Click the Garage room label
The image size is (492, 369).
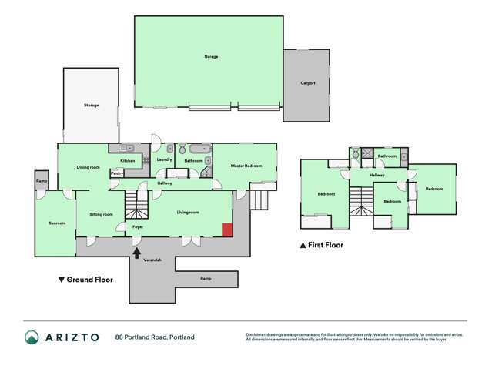(x=210, y=56)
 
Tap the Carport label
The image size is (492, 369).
(x=308, y=83)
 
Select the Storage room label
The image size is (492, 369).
(x=92, y=105)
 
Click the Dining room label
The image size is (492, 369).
(x=89, y=167)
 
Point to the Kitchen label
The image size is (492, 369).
(x=128, y=160)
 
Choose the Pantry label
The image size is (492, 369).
(x=117, y=173)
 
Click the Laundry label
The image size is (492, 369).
(x=164, y=159)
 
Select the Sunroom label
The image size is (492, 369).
(x=57, y=223)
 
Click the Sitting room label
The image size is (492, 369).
(x=102, y=214)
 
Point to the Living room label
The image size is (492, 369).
(x=188, y=212)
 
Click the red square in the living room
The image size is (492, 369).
(x=227, y=230)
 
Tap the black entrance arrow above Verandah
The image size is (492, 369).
(x=137, y=252)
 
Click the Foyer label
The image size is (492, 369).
(x=138, y=227)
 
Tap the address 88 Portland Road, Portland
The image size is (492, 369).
(x=155, y=337)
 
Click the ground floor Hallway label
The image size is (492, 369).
(x=165, y=183)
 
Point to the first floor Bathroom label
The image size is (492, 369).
(x=387, y=156)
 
